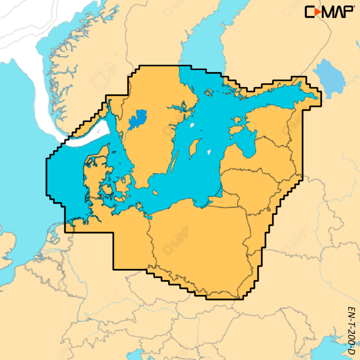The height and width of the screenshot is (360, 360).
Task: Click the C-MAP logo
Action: (x=329, y=12)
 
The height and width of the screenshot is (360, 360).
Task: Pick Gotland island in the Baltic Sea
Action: (x=194, y=147)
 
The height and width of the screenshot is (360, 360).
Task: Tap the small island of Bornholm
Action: (x=155, y=193)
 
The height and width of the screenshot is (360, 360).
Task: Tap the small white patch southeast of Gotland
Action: (x=209, y=152)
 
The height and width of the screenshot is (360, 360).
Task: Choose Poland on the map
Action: (x=202, y=238)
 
